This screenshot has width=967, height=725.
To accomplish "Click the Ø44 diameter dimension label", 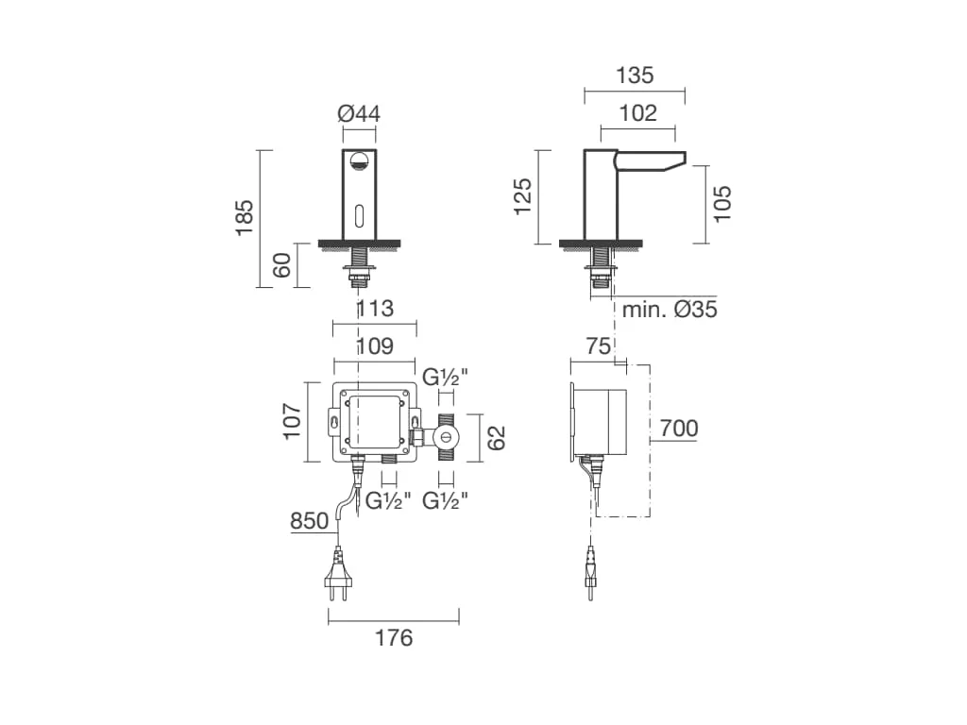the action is point(359,113).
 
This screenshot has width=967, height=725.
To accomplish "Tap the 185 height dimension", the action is point(245,217).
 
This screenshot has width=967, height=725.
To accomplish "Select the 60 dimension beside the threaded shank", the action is point(281,265).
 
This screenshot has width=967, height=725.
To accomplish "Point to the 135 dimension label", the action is point(635,76).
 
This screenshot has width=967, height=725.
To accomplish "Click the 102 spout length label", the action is point(637,113).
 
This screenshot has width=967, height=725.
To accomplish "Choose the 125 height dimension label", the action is point(522,196).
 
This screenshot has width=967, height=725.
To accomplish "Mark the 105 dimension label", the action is point(721,204).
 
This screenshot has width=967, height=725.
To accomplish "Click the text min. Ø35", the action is point(670,309).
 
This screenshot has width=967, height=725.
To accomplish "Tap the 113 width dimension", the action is point(375,308).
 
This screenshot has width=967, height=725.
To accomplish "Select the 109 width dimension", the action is point(375,346).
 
